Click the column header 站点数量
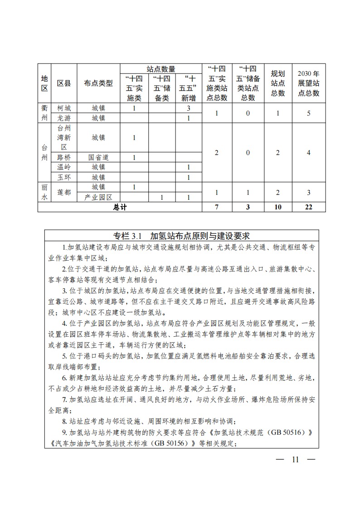[x=161, y=69]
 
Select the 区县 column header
[x=64, y=83]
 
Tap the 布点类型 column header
[x=98, y=83]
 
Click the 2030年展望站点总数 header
[x=308, y=83]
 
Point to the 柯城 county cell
[x=64, y=108]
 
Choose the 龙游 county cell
[x=64, y=118]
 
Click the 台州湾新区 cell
[x=64, y=137]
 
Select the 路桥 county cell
[x=64, y=157]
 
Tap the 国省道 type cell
[x=98, y=157]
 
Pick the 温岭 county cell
[x=64, y=167]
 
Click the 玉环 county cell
[x=64, y=177]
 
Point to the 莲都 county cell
[x=64, y=192]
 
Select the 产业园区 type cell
[x=98, y=197]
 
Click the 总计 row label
[x=120, y=207]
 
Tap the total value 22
[x=308, y=207]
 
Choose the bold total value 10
[x=278, y=207]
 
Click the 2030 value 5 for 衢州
[x=308, y=113]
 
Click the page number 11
[x=296, y=459]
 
